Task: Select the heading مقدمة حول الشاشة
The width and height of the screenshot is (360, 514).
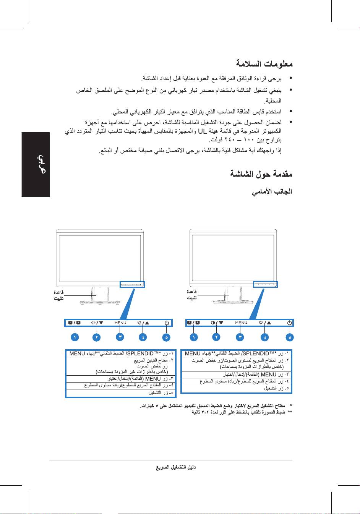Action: coord(261,174)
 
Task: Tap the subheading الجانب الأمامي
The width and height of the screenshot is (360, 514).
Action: coord(272,191)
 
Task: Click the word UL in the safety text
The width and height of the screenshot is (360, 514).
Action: coord(202,131)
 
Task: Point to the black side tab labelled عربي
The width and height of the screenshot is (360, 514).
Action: coord(36,165)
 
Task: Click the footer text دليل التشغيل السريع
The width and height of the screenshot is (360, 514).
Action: coord(176,467)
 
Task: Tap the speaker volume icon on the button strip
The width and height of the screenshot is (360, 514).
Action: coord(93,323)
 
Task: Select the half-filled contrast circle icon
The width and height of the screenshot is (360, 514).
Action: coord(213,323)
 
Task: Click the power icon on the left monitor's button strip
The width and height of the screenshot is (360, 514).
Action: coord(166,323)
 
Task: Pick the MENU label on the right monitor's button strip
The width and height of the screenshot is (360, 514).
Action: coord(241,323)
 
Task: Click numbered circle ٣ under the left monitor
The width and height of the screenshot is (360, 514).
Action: coord(120,337)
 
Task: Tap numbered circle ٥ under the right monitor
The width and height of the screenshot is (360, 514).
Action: coord(290,337)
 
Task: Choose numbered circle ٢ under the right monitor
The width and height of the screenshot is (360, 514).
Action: coord(217,337)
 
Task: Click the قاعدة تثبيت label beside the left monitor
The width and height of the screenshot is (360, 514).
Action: coord(59,295)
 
